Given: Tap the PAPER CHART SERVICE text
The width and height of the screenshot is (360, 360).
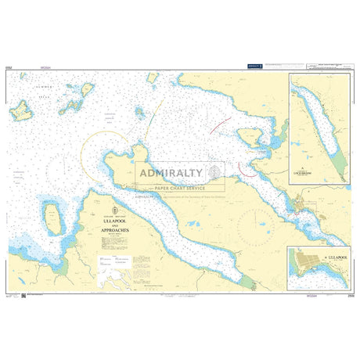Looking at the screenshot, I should point(179,188).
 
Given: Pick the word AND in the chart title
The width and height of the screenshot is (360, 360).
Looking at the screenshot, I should point(114,228).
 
